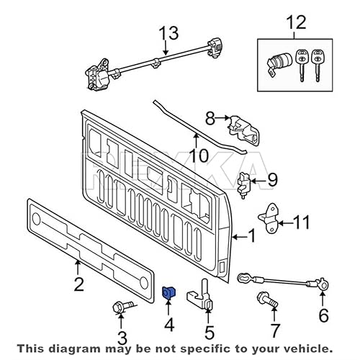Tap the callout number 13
[167, 34]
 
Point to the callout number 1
[251, 235]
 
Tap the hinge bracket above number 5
[202, 296]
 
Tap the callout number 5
[210, 332]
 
